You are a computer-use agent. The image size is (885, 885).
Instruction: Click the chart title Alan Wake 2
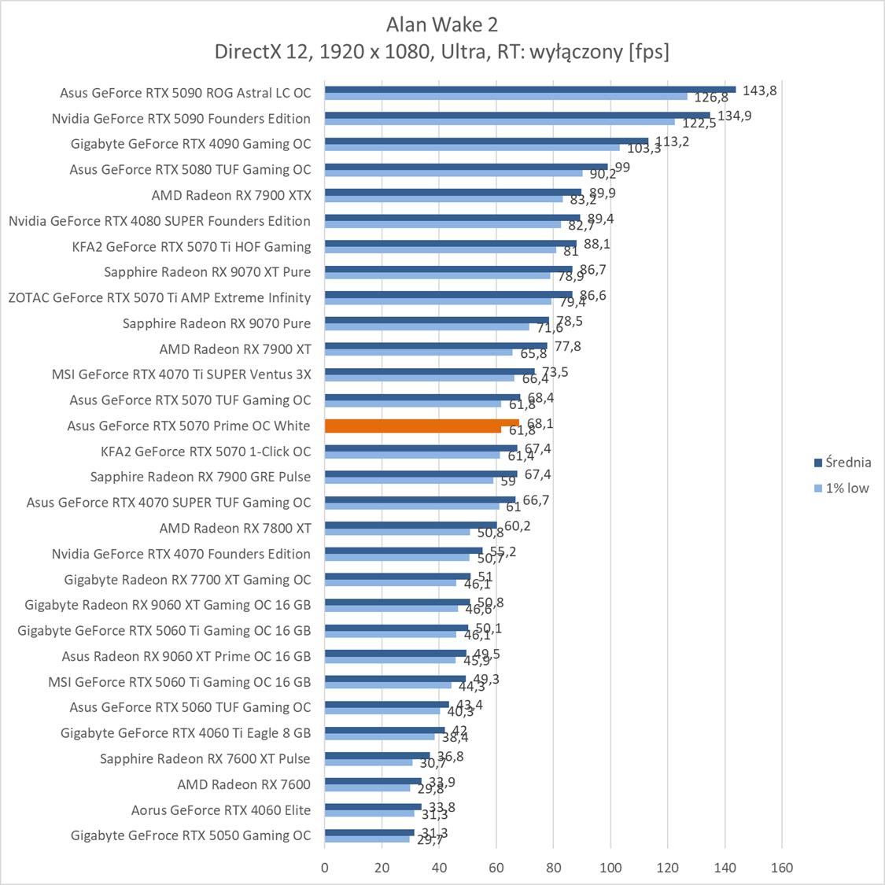tap(442, 24)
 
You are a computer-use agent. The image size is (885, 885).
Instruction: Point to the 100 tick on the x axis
tap(610, 868)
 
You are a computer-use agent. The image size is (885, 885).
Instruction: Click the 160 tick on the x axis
tap(782, 868)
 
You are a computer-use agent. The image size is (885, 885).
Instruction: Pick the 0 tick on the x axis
tap(325, 868)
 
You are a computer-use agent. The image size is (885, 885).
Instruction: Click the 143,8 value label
tap(759, 90)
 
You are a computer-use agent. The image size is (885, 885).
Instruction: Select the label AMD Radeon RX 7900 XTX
tap(231, 195)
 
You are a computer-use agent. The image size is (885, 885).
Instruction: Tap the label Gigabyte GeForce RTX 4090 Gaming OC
tap(190, 144)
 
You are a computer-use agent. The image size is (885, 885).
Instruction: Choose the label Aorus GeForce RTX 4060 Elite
tap(221, 809)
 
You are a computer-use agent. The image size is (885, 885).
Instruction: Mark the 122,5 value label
tap(699, 124)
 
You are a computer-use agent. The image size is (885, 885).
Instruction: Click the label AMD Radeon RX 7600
tap(244, 784)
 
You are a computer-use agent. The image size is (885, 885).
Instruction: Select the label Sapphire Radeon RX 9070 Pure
tap(216, 323)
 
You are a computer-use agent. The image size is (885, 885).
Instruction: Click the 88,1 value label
tap(597, 245)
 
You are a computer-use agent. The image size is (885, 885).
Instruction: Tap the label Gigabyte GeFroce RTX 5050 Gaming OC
tap(190, 835)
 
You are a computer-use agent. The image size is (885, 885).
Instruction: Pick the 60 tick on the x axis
tap(496, 868)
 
